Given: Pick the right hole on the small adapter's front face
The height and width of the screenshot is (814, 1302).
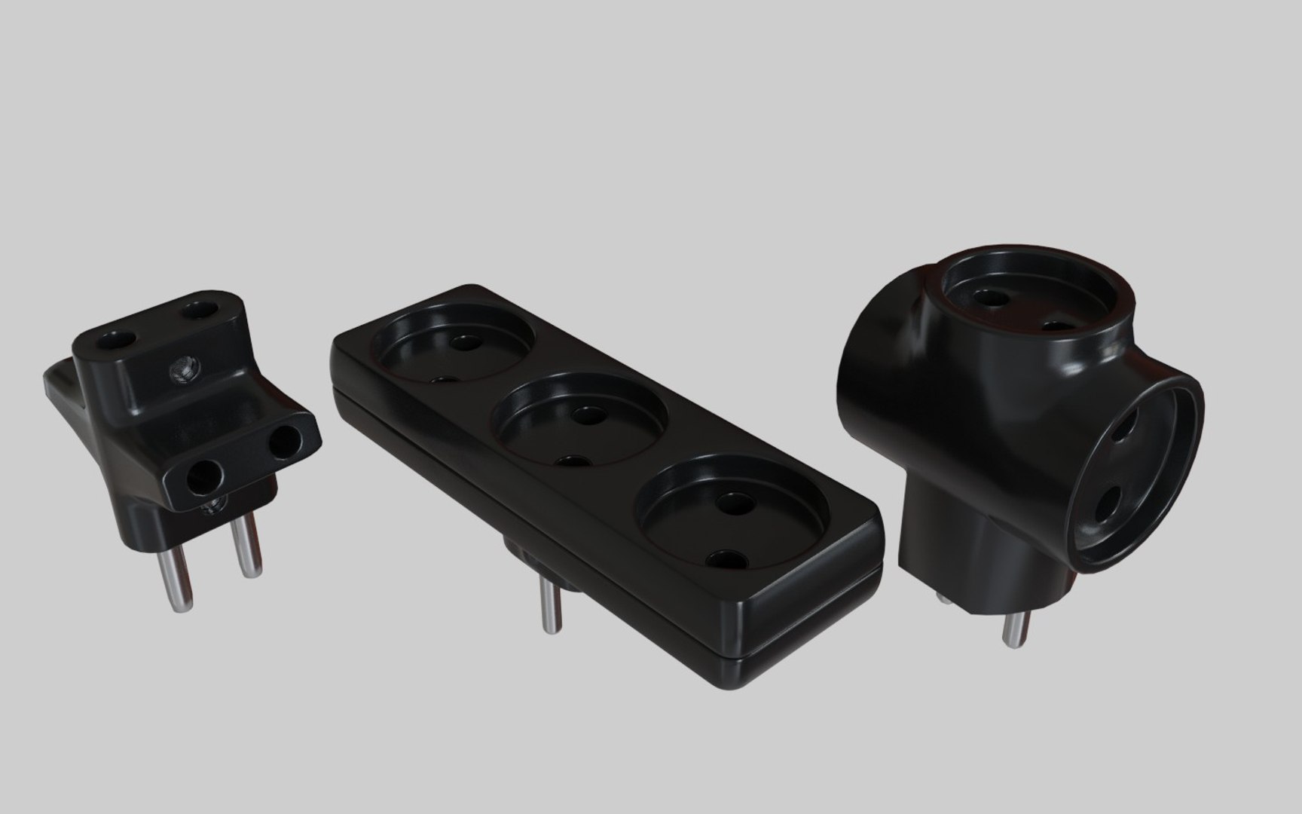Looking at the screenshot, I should (286, 442).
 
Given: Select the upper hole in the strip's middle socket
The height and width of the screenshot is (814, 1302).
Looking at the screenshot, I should (585, 413).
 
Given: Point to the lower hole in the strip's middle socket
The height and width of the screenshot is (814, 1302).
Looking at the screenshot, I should (573, 461).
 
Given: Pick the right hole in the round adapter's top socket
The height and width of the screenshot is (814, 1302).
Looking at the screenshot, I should (1057, 327).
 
